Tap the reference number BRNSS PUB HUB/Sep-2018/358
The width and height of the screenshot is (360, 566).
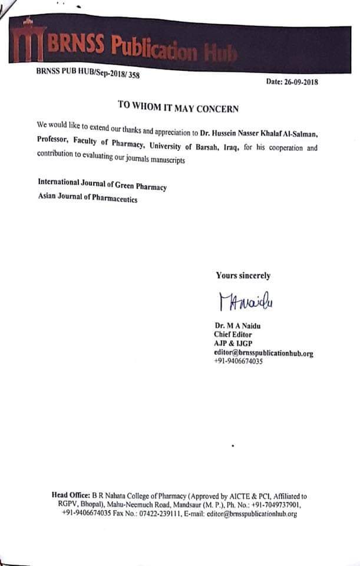pos(87,73)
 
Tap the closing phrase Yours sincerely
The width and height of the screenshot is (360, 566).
pos(243,275)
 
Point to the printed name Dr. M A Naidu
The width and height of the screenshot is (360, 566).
pos(238,325)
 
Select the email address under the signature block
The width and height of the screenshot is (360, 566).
pos(263,353)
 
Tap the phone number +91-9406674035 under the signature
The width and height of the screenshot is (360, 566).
pos(239,361)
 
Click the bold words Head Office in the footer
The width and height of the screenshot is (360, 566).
pos(71,496)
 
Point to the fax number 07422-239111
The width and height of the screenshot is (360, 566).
pos(155,514)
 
